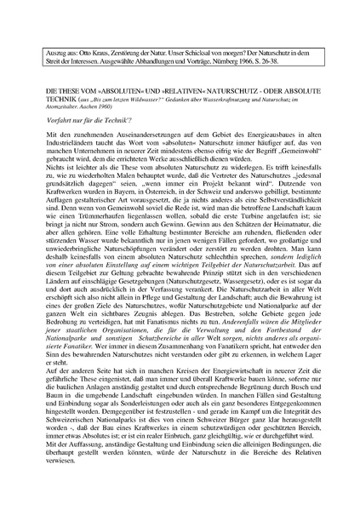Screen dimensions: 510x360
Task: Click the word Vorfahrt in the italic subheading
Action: pos(54,122)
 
